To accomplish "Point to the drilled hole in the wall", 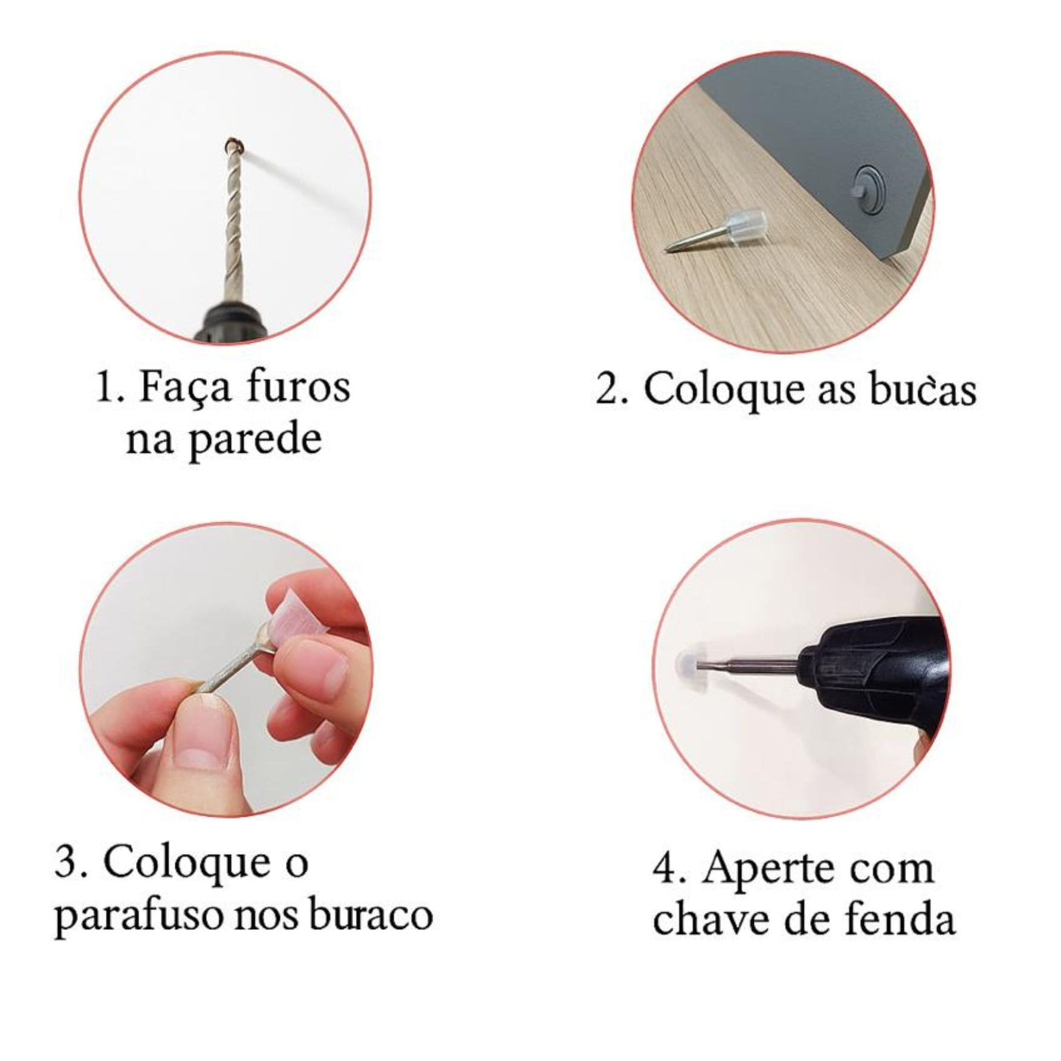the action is pos(232,144).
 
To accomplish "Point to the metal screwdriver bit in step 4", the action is pos(750,664).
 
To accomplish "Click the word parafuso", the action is pos(140,918).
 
